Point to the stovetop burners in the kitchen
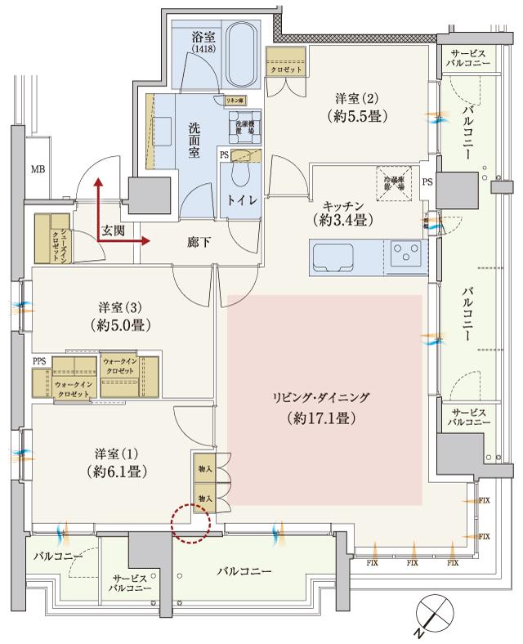coord(404,254)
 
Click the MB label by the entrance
coord(38,170)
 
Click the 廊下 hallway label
coord(197,241)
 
